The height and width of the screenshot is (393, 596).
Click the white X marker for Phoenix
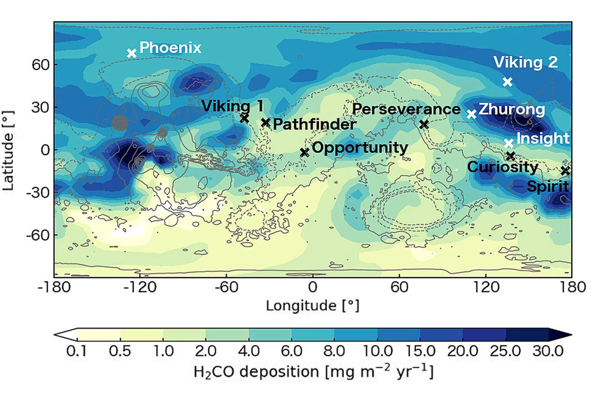[x=132, y=53]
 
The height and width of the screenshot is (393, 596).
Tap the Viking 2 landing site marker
[x=508, y=81]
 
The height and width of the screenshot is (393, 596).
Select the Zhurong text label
[x=512, y=109]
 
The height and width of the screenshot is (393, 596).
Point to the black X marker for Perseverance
[x=424, y=124]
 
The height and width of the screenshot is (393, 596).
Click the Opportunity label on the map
[x=360, y=148]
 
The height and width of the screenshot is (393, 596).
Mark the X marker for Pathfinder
[x=265, y=122]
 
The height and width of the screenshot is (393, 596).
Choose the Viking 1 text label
[x=232, y=106]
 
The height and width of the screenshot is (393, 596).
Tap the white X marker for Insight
[x=509, y=143]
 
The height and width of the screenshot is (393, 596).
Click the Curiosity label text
[x=503, y=167]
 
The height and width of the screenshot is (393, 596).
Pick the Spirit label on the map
[x=548, y=186]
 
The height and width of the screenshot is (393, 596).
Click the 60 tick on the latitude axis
[x=41, y=65]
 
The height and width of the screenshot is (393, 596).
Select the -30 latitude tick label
[x=38, y=192]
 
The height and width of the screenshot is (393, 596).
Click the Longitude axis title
[x=313, y=306]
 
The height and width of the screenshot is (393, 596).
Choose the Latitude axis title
[x=8, y=150]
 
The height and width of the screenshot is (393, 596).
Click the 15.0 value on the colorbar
[x=420, y=351]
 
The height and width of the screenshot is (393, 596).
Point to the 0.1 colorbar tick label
[x=77, y=351]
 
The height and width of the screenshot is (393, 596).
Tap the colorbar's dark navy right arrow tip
[x=571, y=334]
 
